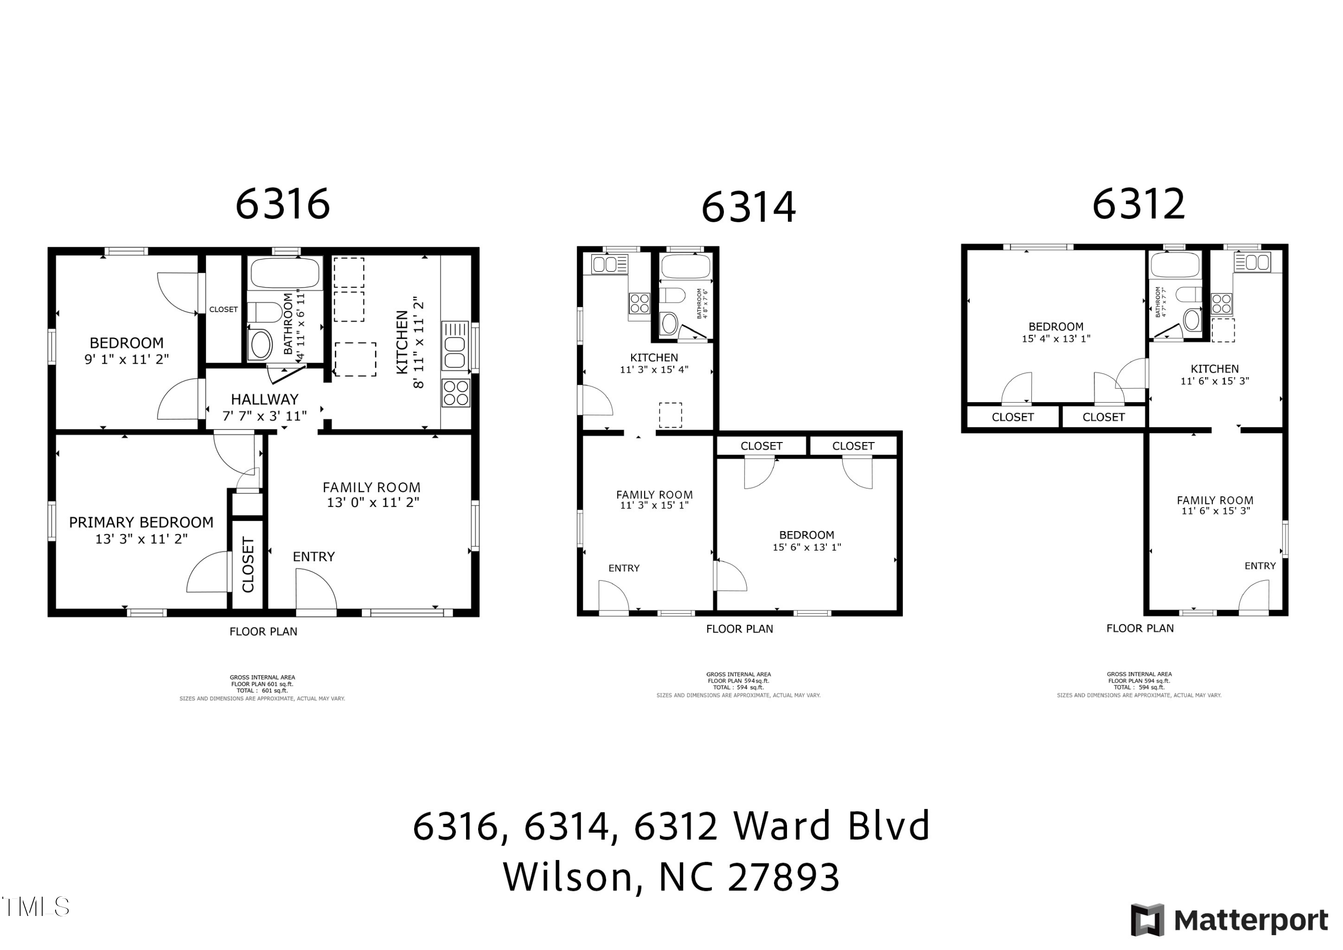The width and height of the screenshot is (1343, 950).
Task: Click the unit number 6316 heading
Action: [282, 204]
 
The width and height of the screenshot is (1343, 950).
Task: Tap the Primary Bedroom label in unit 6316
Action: [141, 523]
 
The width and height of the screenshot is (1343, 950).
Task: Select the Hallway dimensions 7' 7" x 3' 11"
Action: [265, 416]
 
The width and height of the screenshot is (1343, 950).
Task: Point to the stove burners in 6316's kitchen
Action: [455, 393]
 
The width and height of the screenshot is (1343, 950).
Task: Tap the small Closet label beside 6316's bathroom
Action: [223, 310]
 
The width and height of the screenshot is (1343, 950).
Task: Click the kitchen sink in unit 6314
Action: [609, 265]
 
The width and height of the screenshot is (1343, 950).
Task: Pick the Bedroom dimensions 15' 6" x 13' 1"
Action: [807, 547]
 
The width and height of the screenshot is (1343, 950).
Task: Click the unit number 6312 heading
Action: [1138, 204]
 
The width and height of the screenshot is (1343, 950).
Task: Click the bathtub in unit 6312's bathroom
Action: [1175, 265]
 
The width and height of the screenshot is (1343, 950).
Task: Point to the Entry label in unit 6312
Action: [1260, 566]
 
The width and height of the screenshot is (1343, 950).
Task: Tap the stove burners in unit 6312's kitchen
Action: [1221, 304]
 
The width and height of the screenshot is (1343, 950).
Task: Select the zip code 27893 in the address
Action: [784, 877]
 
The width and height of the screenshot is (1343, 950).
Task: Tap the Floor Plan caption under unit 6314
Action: [740, 629]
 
